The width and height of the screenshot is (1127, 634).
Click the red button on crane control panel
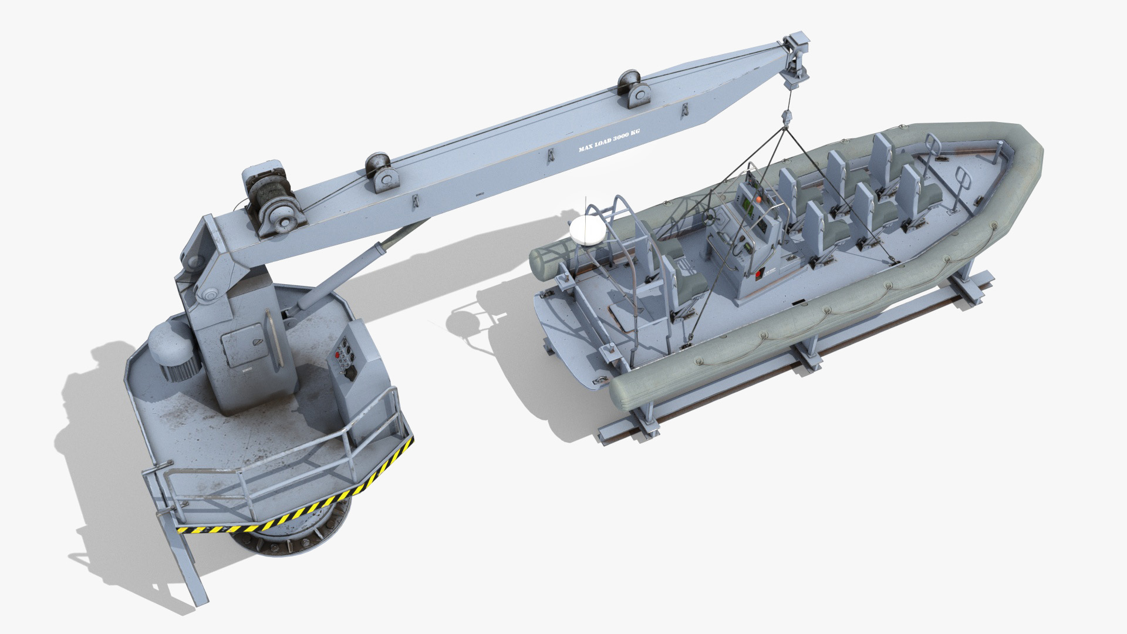point(338,356)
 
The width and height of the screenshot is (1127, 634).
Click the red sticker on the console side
point(758,274)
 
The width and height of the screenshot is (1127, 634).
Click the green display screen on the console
point(747,205)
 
